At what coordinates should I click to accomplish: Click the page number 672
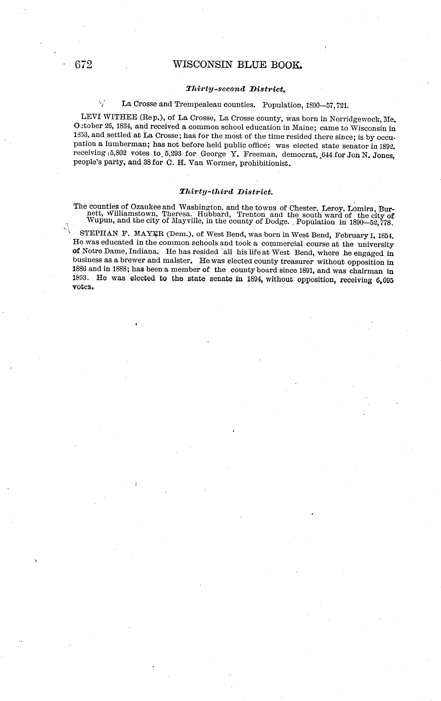coord(84,64)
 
